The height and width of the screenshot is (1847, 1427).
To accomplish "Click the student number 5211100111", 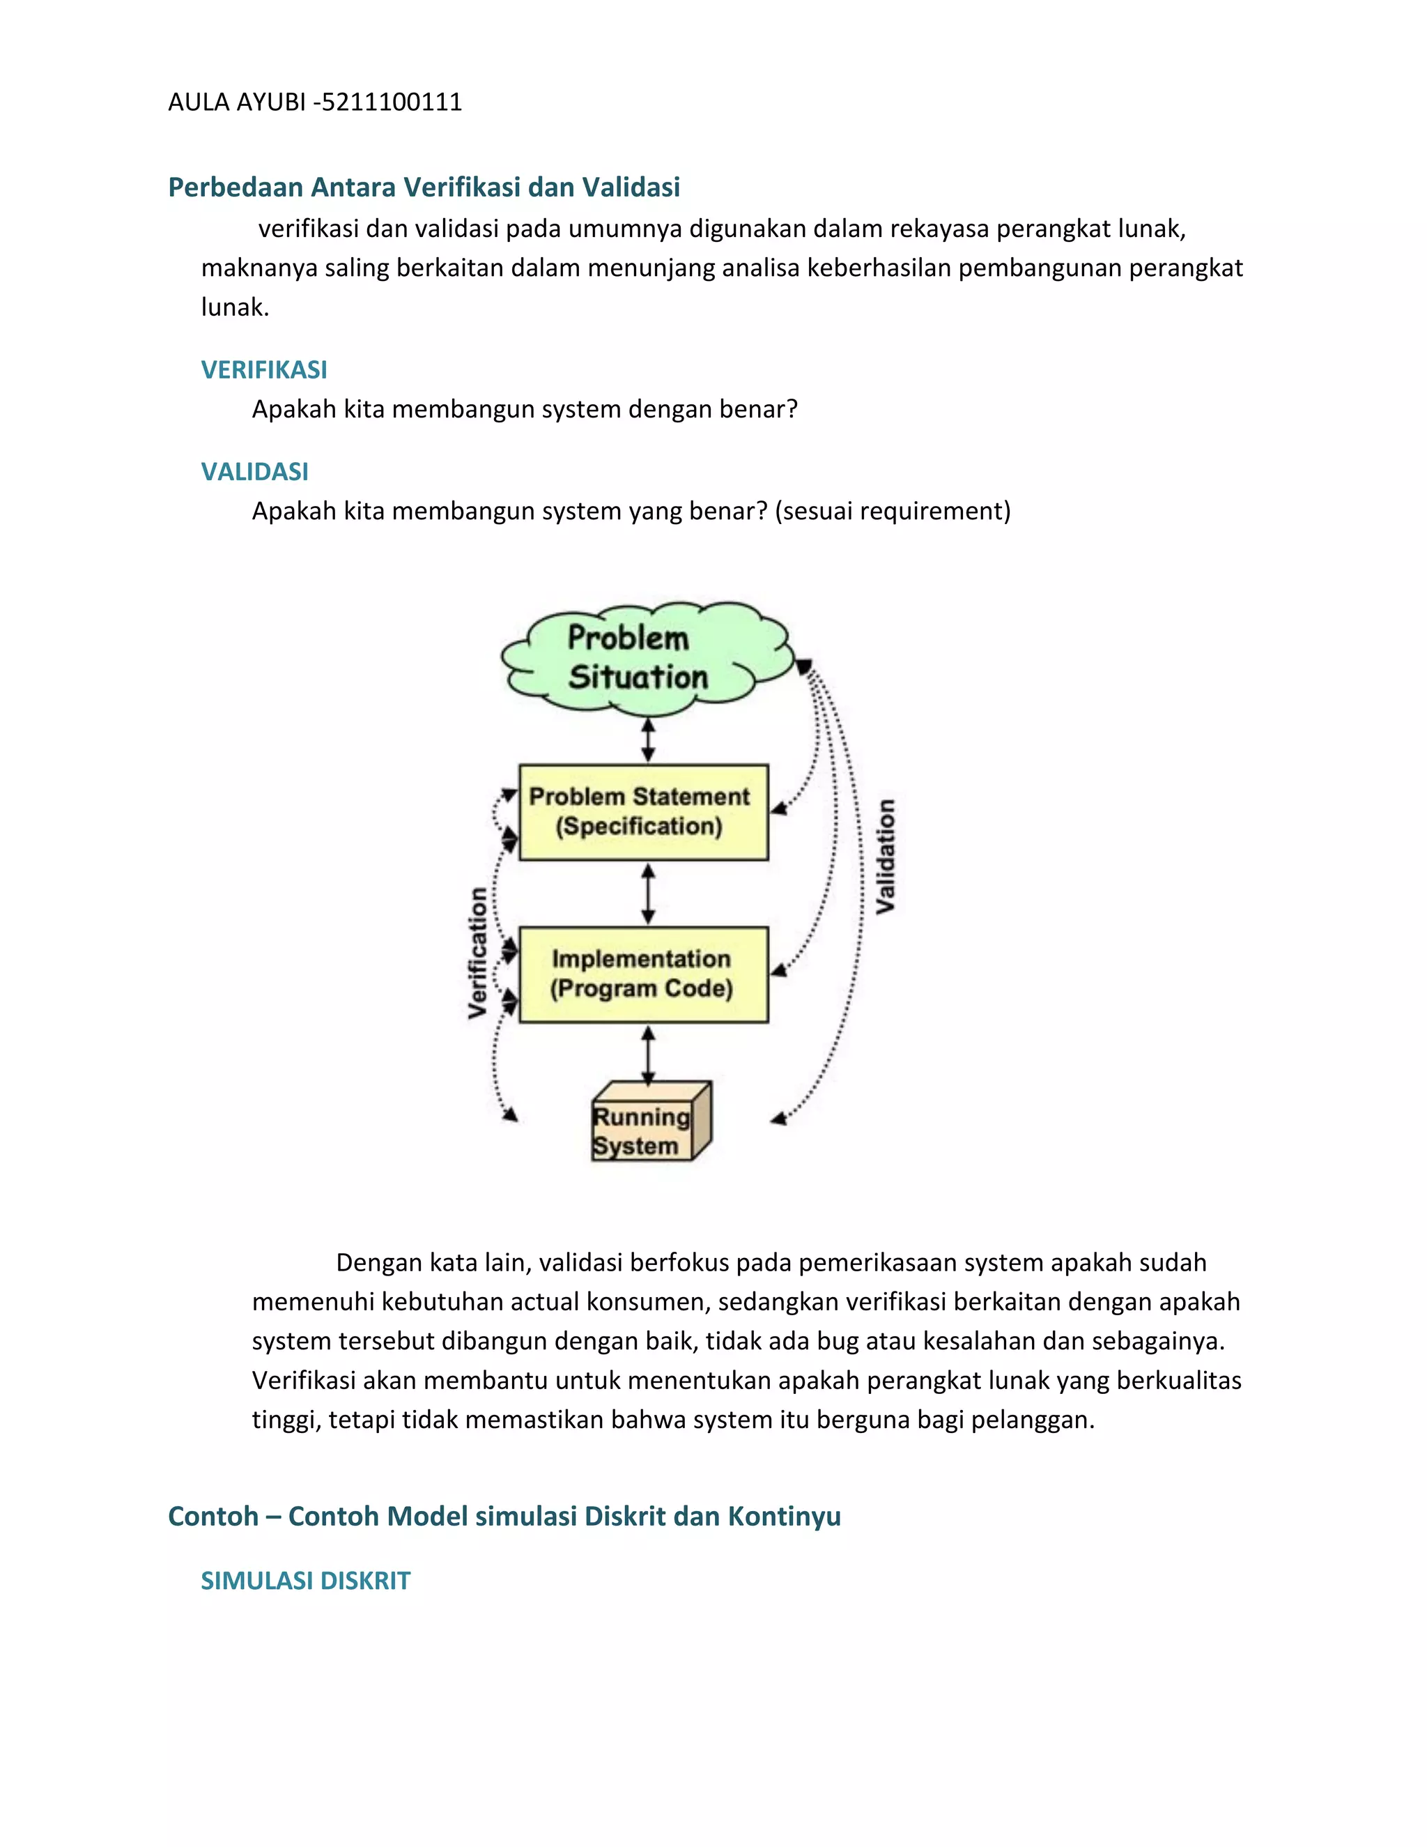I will pos(392,102).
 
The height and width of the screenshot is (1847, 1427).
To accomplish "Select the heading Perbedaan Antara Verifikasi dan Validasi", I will pos(424,187).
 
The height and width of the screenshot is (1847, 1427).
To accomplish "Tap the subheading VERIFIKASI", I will pos(264,369).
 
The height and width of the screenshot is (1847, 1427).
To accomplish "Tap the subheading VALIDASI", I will pos(254,471).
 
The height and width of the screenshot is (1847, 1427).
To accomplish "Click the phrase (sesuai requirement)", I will pos(892,511).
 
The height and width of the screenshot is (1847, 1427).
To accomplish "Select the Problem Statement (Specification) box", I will pos(642,812).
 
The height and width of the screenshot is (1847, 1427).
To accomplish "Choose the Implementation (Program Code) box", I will pos(642,974).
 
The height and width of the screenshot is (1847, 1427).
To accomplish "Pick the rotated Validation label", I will pos(885,856).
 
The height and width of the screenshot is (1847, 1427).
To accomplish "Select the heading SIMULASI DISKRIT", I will pos(305,1581).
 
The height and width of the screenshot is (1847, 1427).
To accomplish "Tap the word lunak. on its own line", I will pos(235,307).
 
